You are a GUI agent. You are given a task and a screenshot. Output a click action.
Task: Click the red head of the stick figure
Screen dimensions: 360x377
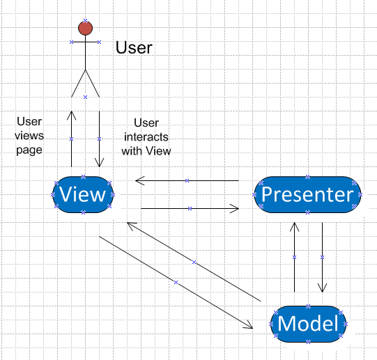click(85, 28)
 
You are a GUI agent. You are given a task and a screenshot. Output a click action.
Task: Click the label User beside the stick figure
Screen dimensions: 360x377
click(133, 47)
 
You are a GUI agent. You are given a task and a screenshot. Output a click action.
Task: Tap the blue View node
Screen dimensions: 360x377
click(82, 194)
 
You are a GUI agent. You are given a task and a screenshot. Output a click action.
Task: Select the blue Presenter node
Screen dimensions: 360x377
click(308, 194)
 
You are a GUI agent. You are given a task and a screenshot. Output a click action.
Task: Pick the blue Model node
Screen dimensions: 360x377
click(308, 323)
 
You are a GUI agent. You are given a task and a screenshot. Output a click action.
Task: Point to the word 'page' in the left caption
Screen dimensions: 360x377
click(30, 149)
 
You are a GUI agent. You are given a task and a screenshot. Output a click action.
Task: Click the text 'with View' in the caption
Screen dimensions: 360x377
click(146, 150)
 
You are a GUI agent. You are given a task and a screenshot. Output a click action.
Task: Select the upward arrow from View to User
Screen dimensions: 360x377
click(71, 139)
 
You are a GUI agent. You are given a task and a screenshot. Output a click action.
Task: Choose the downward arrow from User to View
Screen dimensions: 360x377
click(99, 139)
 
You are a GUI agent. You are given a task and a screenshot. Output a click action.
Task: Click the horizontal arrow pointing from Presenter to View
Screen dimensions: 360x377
click(187, 181)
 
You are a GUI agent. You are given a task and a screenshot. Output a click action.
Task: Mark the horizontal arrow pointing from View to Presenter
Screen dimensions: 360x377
click(190, 208)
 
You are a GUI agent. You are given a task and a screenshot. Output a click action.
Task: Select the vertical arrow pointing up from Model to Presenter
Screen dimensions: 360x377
click(294, 257)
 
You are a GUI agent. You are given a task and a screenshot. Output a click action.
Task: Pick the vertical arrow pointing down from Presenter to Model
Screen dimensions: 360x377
click(322, 257)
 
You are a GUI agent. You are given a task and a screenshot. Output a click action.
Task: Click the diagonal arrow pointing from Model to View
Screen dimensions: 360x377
click(194, 262)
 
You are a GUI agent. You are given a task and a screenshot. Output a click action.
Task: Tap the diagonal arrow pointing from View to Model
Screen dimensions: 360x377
click(175, 282)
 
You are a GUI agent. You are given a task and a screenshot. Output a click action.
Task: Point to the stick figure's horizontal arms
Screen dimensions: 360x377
click(85, 42)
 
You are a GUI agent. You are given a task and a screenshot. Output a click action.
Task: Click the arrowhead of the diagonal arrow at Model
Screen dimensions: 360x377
click(247, 324)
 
